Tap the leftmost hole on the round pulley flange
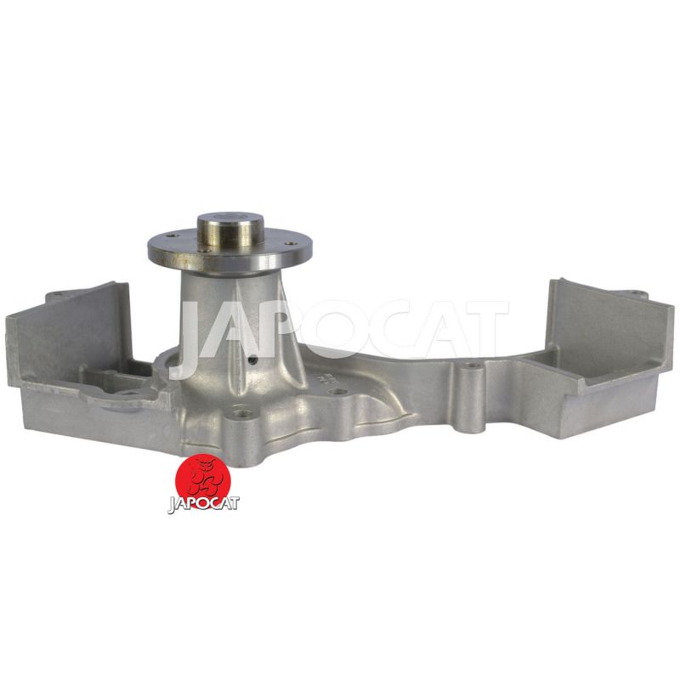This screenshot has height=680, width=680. click(x=173, y=236)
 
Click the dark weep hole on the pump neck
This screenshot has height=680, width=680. click(x=254, y=360)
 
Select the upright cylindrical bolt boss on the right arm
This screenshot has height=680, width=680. click(x=470, y=398)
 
